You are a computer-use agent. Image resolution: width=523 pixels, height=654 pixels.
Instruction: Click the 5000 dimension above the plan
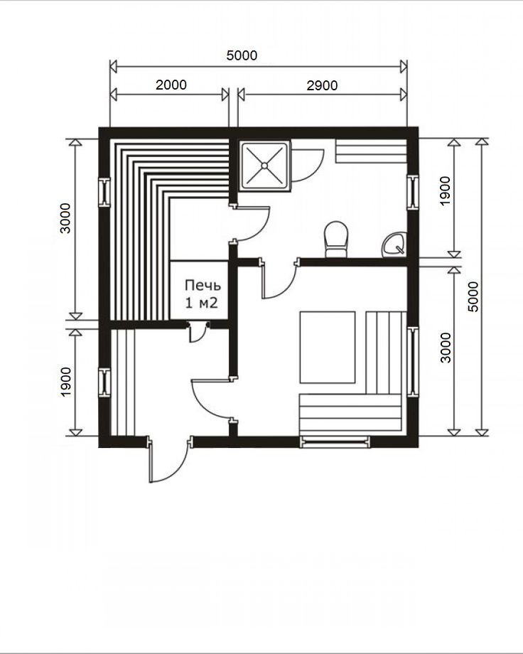coord(242,55)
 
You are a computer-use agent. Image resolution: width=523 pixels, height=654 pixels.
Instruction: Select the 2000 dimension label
coord(171,85)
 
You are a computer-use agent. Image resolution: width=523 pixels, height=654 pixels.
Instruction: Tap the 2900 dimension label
coord(322,85)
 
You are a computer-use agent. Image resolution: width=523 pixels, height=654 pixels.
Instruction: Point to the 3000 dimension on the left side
coord(65,218)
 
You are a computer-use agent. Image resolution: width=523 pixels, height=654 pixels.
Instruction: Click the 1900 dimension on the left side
coord(65,382)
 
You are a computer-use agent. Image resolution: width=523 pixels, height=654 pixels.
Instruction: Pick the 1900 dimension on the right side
coord(446,191)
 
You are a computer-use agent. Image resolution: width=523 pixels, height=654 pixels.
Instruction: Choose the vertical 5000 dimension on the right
coord(473,296)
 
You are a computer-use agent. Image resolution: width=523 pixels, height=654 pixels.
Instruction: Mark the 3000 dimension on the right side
coord(446,348)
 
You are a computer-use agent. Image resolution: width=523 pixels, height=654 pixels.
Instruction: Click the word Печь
coord(203,285)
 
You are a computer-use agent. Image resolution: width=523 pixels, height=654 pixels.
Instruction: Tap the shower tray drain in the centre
coord(264,166)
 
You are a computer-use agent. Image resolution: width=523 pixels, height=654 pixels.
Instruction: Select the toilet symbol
coord(336,239)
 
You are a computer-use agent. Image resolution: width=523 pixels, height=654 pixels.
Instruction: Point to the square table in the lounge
coord(328,347)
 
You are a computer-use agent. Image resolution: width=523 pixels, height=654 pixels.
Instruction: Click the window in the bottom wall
coord(335,441)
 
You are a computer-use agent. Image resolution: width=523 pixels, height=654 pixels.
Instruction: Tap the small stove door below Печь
coord(198,331)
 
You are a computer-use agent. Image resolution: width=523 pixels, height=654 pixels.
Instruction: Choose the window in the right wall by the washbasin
coord(412,192)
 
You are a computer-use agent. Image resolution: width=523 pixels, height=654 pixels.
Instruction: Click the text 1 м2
coord(201,303)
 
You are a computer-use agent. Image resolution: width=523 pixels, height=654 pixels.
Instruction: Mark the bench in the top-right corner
coord(371,151)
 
